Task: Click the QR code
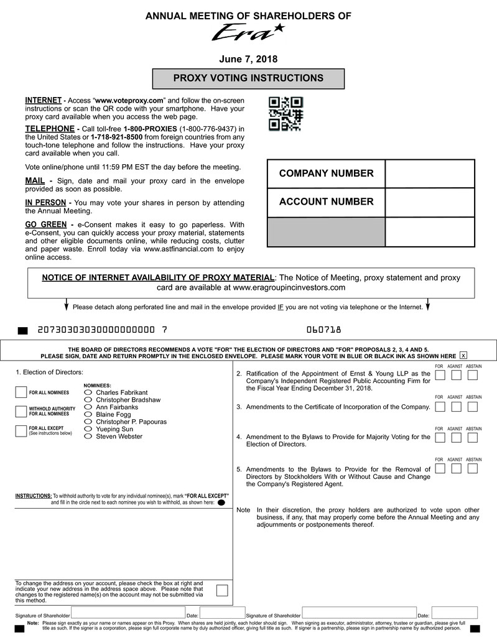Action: [x=286, y=113]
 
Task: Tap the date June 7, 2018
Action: [x=248, y=59]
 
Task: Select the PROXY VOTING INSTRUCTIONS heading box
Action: [x=248, y=78]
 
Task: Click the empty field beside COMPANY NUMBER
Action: [x=429, y=173]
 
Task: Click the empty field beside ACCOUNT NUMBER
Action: [x=429, y=202]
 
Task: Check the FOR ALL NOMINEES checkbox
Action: [x=21, y=392]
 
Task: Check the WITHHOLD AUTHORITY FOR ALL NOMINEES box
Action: [x=21, y=411]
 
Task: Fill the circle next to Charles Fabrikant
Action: [x=88, y=392]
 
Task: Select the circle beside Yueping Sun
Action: [x=88, y=429]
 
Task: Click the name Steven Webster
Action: [x=119, y=437]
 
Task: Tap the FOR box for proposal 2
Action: [x=440, y=375]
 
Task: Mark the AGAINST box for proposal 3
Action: [x=456, y=407]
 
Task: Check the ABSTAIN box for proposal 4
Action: [x=472, y=438]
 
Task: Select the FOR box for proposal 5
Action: [x=440, y=469]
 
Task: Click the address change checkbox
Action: [x=222, y=590]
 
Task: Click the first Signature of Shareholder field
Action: [x=128, y=613]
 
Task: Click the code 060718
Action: [x=323, y=330]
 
